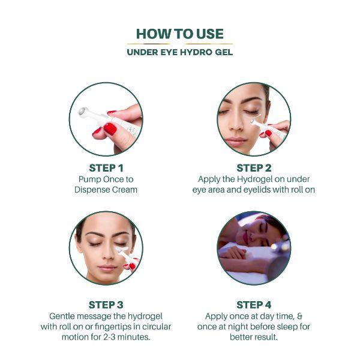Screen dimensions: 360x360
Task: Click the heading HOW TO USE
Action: (x=179, y=34)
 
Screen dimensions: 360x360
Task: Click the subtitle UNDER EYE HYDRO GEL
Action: (x=179, y=52)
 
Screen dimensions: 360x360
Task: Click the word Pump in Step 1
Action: (x=91, y=179)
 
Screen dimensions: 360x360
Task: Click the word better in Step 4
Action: (x=243, y=337)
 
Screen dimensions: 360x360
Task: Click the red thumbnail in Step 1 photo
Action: (x=109, y=128)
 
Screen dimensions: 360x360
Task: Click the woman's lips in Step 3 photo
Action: (x=106, y=268)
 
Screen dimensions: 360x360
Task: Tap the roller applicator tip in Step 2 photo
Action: (x=254, y=122)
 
